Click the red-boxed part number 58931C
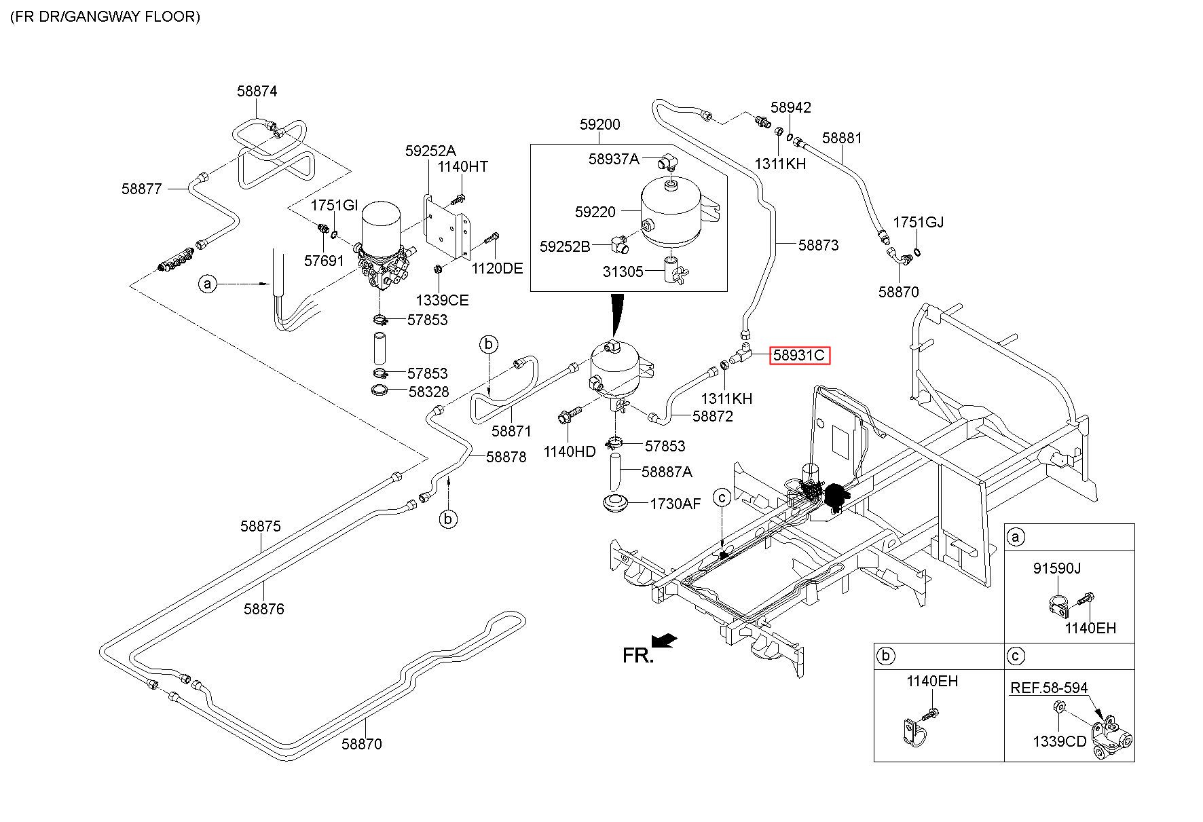[798, 354]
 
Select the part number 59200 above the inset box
[599, 125]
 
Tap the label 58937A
[614, 159]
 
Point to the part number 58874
[257, 91]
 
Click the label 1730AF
[674, 504]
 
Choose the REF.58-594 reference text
[1049, 688]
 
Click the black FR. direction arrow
[664, 641]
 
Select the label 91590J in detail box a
[1057, 568]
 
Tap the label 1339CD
[1060, 741]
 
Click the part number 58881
[842, 138]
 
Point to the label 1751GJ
[918, 222]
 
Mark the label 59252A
[430, 151]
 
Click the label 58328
[428, 392]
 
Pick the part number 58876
[264, 609]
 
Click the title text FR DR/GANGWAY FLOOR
[105, 17]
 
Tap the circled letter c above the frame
[722, 498]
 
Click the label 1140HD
[570, 451]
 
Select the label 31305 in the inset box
[623, 272]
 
